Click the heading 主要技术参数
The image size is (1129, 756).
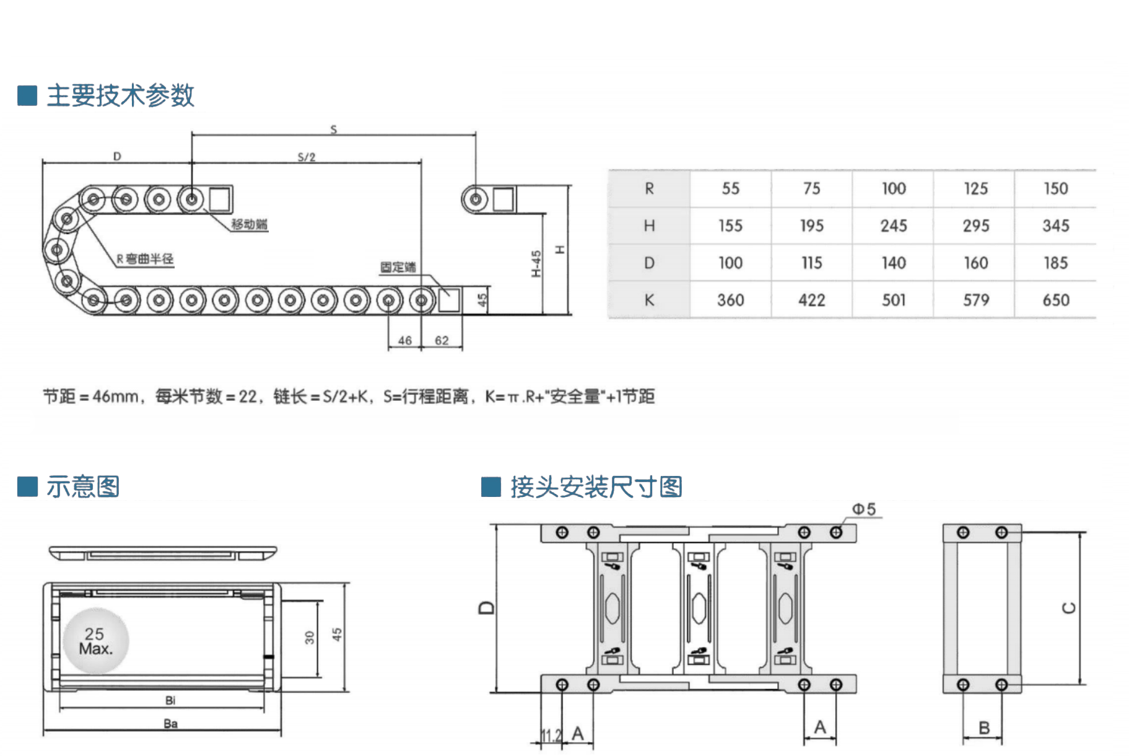121,95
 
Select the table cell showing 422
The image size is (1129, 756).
811,301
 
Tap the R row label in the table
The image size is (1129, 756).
649,189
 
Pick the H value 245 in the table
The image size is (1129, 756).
893,226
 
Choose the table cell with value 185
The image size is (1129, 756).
1055,263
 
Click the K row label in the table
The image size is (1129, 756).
649,301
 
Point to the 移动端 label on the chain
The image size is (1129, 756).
250,224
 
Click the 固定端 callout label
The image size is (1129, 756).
398,267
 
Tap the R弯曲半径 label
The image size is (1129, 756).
146,259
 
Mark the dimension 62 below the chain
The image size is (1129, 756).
442,340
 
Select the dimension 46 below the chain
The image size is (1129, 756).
405,340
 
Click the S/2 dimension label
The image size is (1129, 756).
307,157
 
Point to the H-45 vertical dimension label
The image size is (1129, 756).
536,263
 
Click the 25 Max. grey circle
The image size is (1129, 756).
96,641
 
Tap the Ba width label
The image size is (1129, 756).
170,723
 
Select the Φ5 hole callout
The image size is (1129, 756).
864,509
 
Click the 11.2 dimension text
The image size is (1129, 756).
551,735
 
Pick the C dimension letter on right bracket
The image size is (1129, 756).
1070,608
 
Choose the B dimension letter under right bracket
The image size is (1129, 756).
984,728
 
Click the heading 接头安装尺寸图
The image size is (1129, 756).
596,487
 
